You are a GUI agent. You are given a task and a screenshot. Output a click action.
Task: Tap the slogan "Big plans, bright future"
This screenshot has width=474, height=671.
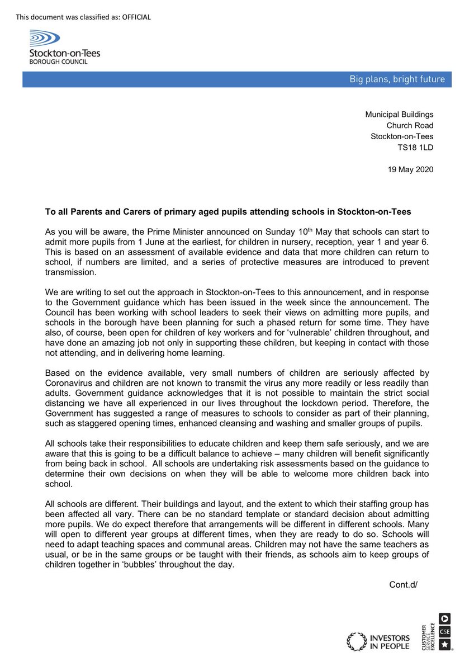[397, 79]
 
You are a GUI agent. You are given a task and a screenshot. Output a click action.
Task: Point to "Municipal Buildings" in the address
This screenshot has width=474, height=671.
[399, 115]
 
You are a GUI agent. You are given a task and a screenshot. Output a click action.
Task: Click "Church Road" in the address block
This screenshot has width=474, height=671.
[410, 125]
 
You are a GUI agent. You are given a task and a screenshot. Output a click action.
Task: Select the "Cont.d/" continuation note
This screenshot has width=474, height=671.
[404, 585]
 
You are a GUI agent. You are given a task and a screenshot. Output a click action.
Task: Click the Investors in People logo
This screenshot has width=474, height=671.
[378, 641]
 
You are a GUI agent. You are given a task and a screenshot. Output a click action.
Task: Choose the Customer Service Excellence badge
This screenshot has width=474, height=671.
[437, 632]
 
